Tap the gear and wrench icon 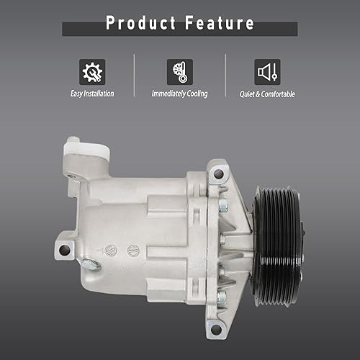point(92,72)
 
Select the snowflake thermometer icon point(179,72)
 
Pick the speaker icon point(267,72)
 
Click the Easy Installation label point(92,94)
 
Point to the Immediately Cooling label point(179,94)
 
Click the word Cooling point(194,94)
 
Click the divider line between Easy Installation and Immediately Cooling point(135,76)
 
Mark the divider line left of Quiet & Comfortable point(225,76)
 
